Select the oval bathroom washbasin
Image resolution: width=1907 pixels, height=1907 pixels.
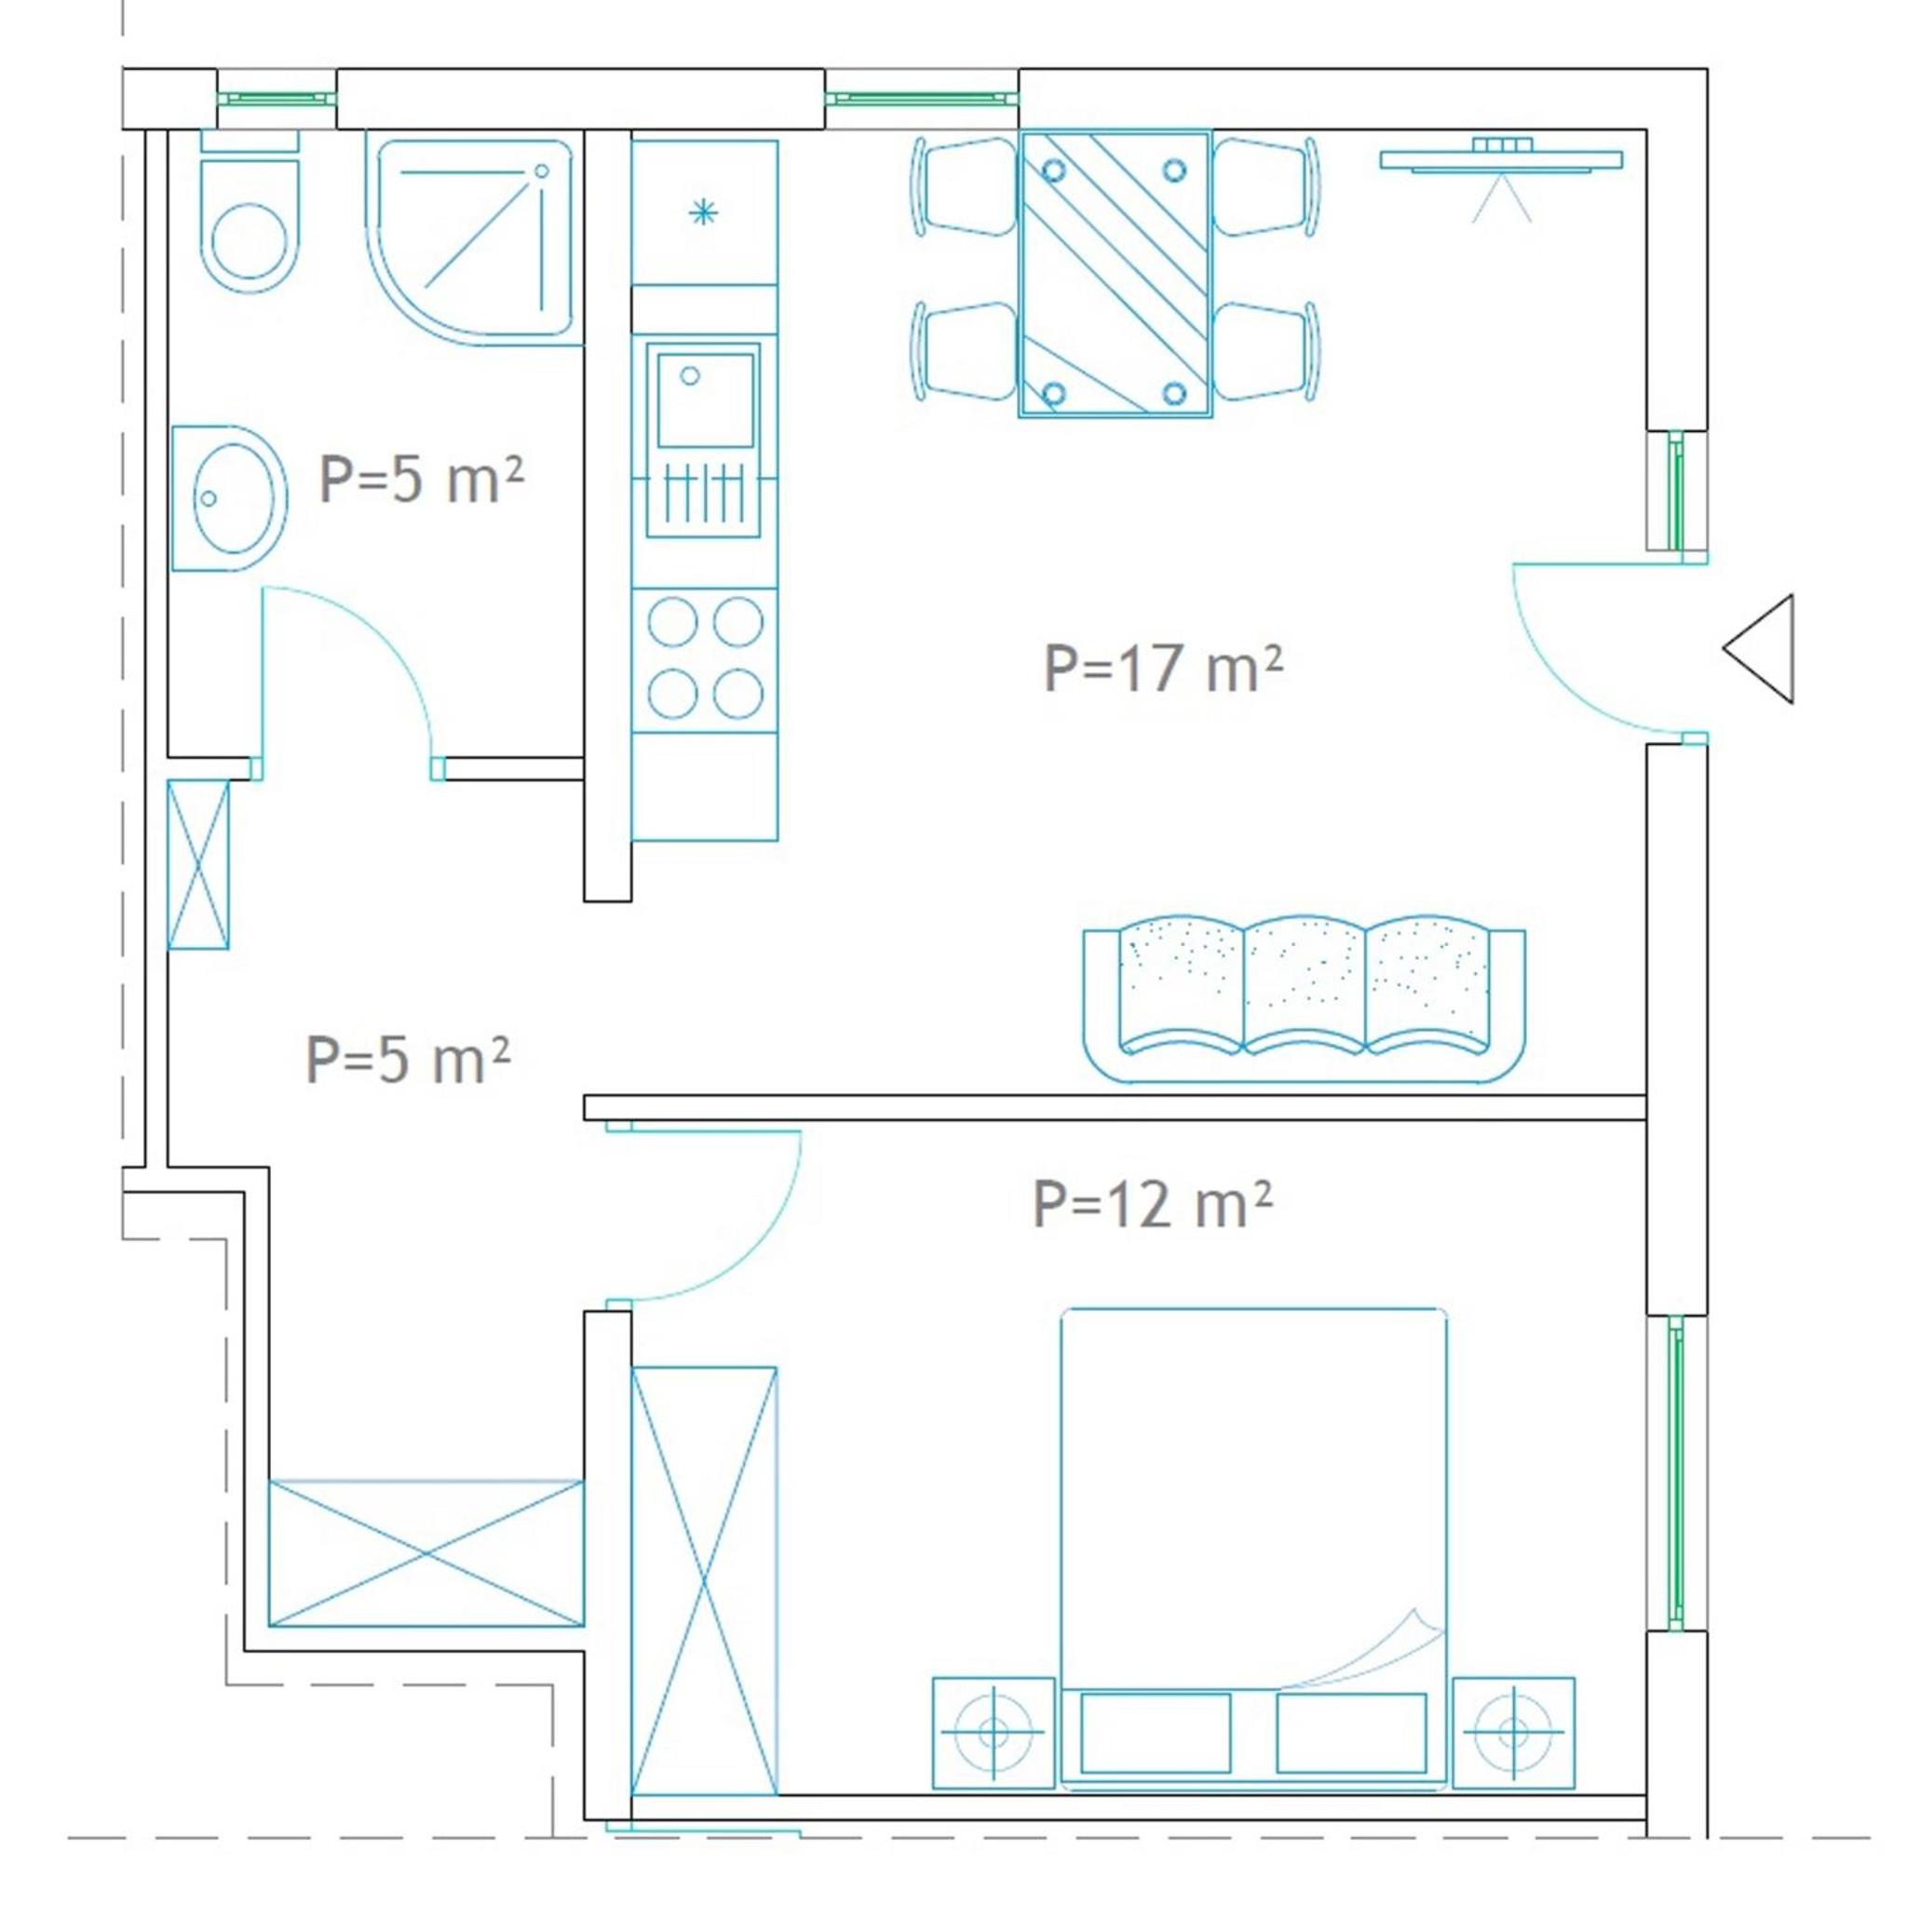[230, 498]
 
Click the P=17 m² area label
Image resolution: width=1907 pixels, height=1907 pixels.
[1163, 669]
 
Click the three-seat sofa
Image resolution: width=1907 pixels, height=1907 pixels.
[1304, 998]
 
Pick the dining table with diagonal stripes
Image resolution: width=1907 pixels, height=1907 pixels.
[1116, 275]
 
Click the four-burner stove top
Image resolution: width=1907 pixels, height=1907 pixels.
[705, 659]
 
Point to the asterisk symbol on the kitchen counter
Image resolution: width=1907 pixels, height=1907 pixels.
[703, 212]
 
